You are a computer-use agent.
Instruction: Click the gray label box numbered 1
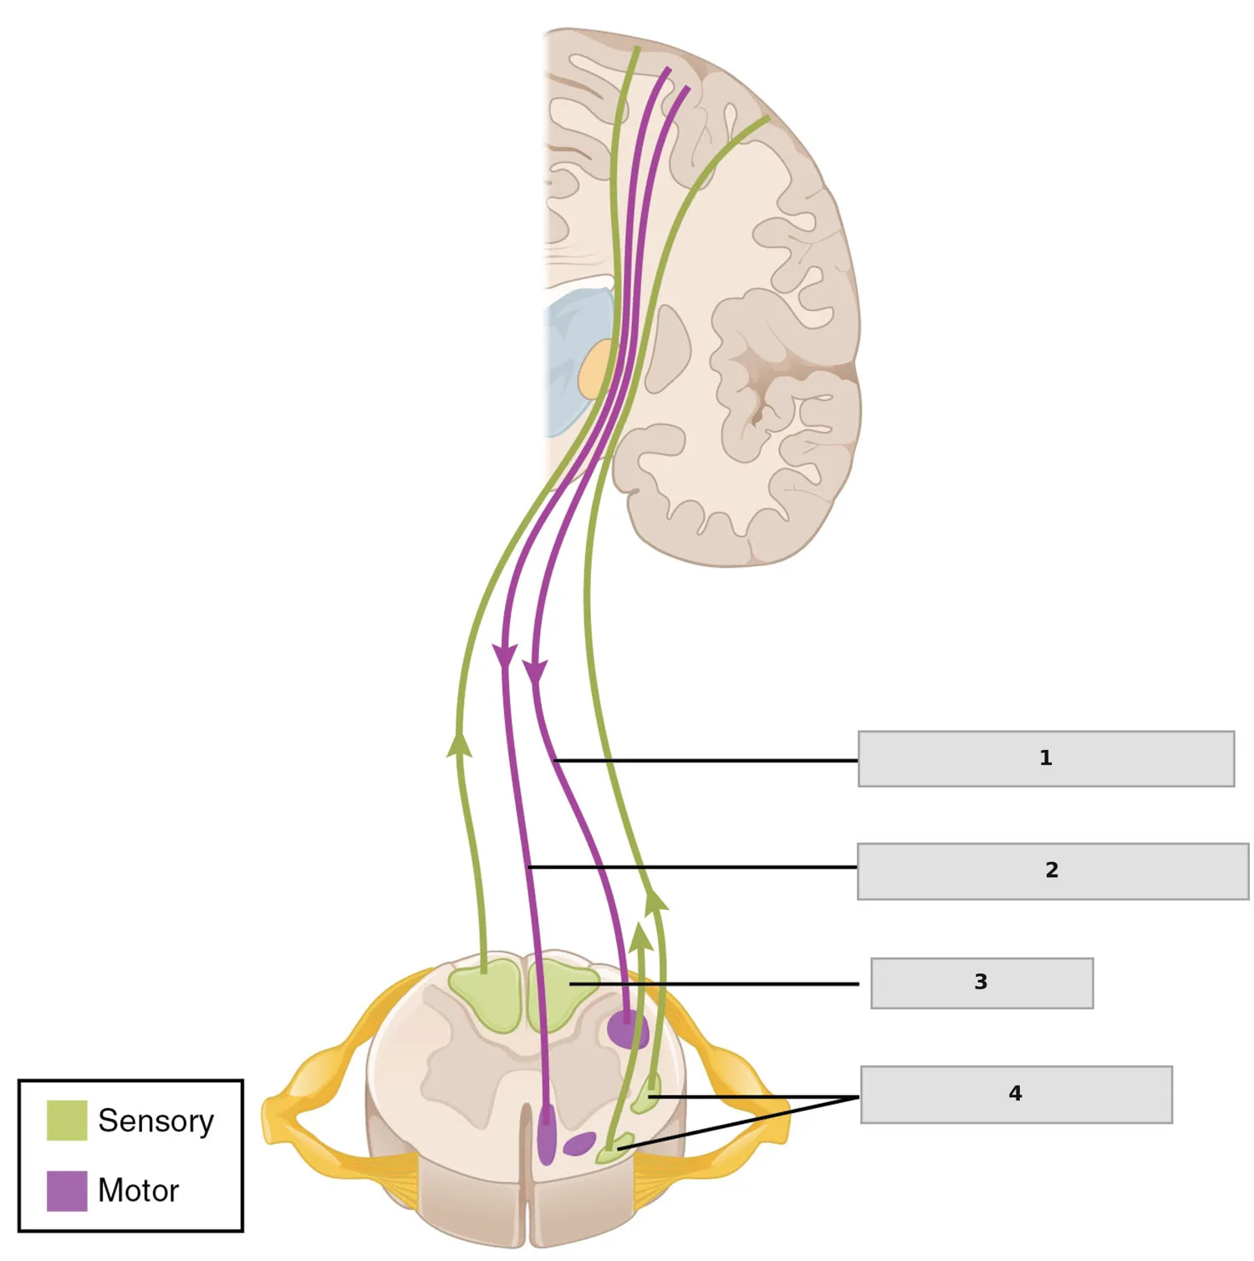click(x=1046, y=758)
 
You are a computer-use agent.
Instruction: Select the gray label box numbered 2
click(x=1053, y=870)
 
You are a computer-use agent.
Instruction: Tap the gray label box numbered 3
click(x=981, y=983)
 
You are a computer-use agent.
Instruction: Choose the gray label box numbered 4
click(x=1016, y=1094)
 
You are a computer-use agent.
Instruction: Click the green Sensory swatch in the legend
click(x=67, y=1120)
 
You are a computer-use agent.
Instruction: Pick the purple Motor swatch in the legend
click(x=67, y=1190)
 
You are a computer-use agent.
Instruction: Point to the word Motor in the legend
click(x=138, y=1191)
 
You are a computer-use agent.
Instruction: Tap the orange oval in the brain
click(x=596, y=367)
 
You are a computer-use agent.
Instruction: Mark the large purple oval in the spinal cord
click(x=627, y=1029)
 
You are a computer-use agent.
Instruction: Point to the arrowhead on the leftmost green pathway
click(x=458, y=743)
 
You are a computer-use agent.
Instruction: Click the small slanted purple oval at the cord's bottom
click(x=579, y=1143)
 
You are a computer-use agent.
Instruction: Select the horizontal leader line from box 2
click(x=693, y=867)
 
